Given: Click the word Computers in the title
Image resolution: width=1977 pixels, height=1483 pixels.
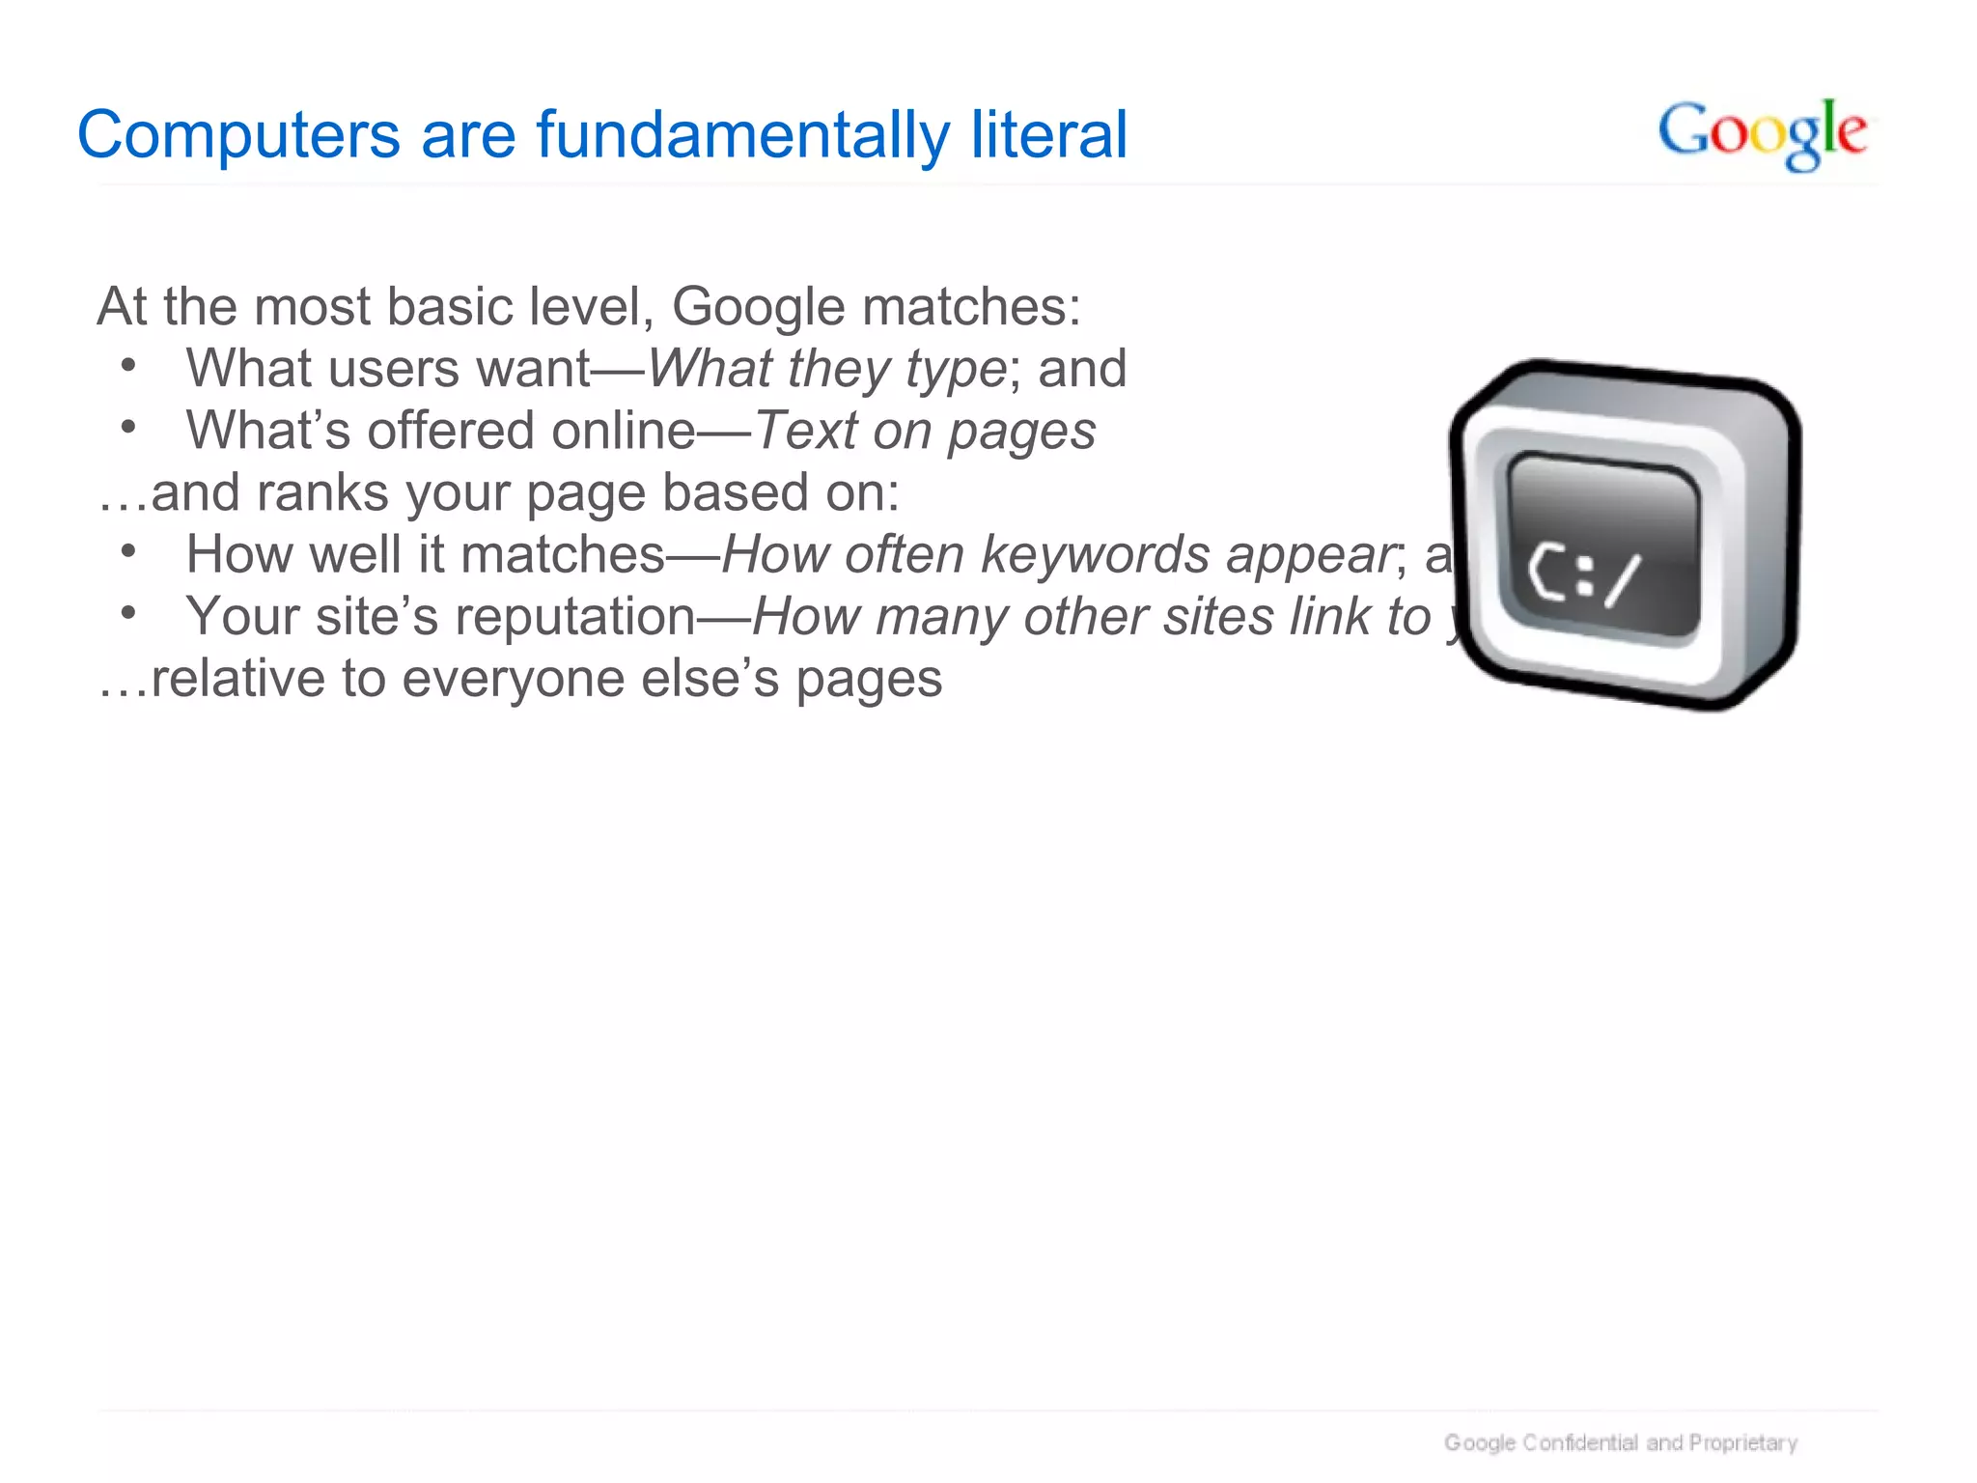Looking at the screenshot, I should pos(238,135).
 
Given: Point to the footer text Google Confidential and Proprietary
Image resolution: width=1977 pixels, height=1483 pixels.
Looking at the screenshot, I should pos(1620,1442).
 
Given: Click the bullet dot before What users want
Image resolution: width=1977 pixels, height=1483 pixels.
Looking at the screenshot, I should pos(128,365).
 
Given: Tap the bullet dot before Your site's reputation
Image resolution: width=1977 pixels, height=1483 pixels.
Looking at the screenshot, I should pos(128,613).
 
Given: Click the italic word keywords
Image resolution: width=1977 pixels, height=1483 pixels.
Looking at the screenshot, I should pos(1095,555).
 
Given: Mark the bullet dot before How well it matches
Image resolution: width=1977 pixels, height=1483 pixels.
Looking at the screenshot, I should pos(128,551).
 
